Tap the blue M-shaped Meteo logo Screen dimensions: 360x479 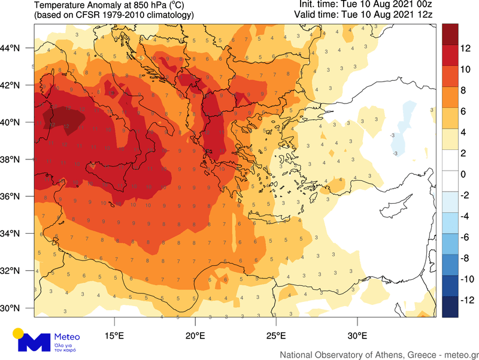click(x=33, y=343)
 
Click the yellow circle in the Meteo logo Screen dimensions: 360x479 click(x=19, y=333)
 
